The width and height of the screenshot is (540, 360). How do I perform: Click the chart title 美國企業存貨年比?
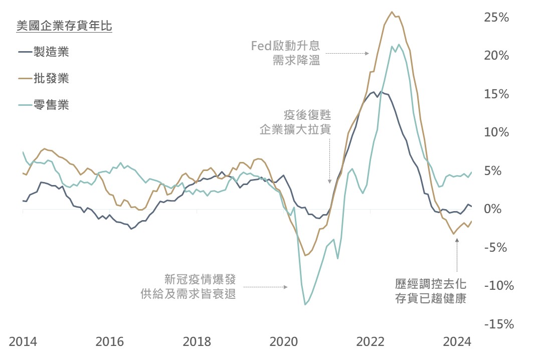tap(64, 26)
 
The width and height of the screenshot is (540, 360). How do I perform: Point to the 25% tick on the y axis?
tap(496, 18)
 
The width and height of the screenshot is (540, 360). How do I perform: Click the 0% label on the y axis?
tap(499, 209)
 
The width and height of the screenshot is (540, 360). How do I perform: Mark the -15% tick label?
tap(498, 324)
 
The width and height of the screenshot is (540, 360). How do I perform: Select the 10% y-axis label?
tap(496, 132)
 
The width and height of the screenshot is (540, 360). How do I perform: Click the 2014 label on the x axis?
tap(23, 342)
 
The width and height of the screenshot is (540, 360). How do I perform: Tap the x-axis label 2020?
tap(283, 342)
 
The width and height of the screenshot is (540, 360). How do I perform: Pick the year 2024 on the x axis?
tap(457, 342)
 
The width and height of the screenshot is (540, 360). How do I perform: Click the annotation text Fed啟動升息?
tap(285, 47)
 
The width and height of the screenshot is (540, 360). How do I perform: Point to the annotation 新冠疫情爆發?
tap(200, 279)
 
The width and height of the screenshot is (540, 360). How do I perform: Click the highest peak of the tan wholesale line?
tap(392, 12)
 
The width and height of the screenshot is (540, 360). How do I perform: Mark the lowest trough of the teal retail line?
tap(305, 304)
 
